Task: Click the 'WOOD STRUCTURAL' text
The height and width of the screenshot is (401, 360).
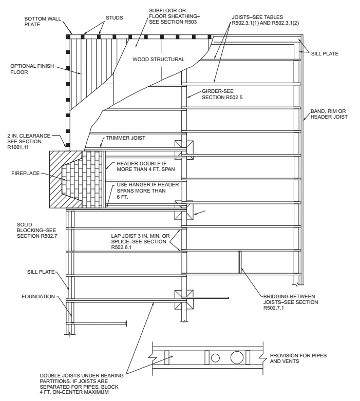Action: coord(158,59)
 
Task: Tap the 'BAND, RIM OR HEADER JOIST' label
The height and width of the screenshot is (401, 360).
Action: coord(329,114)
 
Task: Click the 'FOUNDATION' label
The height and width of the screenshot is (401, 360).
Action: coord(38,296)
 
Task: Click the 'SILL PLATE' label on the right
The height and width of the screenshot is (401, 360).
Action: coord(327,53)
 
